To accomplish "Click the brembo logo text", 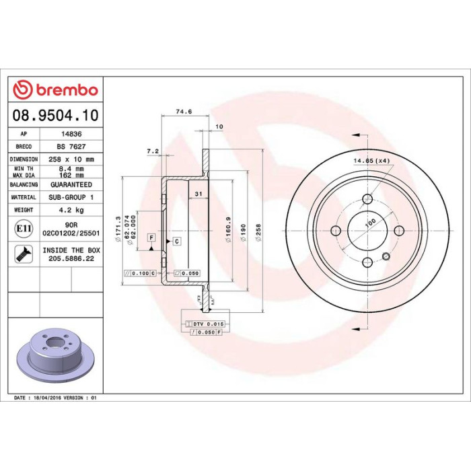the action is pyautogui.click(x=67, y=89).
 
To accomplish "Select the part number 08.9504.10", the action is pyautogui.click(x=55, y=115).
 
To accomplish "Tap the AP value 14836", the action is pyautogui.click(x=71, y=134).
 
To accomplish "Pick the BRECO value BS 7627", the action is pyautogui.click(x=71, y=147).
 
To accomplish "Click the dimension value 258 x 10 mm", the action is pyautogui.click(x=71, y=159).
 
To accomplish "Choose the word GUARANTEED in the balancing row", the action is pyautogui.click(x=71, y=184).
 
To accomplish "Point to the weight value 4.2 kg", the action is pyautogui.click(x=71, y=210).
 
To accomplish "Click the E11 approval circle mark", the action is pyautogui.click(x=24, y=229).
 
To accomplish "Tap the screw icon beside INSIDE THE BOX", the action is pyautogui.click(x=24, y=254).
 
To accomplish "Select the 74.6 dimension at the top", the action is pyautogui.click(x=184, y=112).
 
